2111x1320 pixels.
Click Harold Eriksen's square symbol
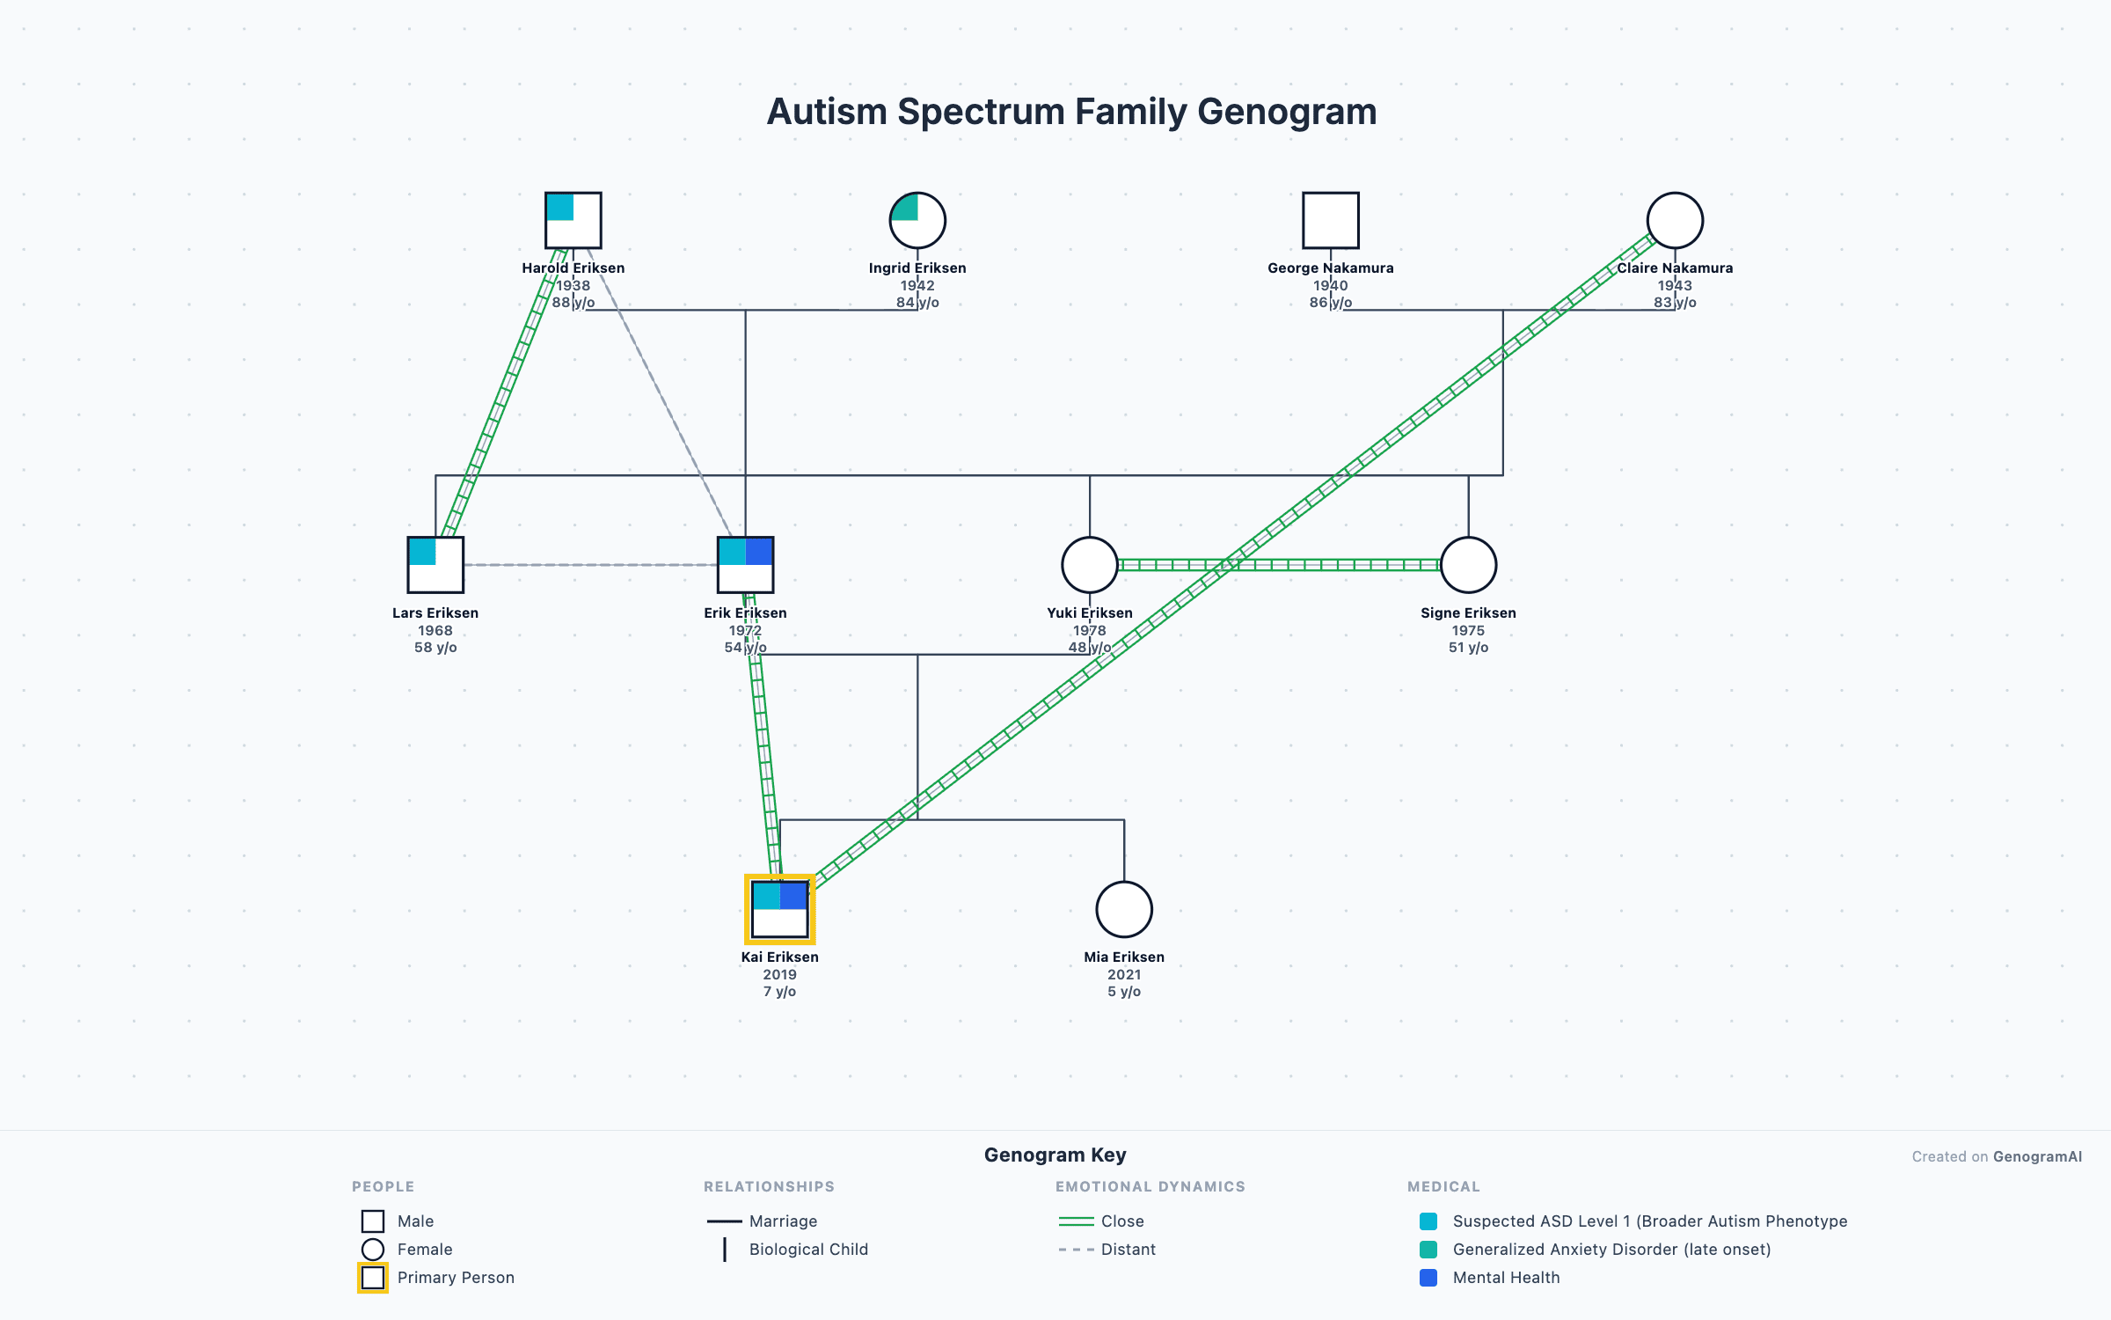pos(573,220)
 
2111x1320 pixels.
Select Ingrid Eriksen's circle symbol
pos(917,220)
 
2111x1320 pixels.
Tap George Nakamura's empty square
pos(1330,220)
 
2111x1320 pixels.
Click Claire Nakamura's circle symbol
pos(1675,220)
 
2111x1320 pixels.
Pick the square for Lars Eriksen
pos(435,565)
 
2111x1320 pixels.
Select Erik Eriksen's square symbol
pos(745,565)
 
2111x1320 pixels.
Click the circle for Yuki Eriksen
pos(1089,565)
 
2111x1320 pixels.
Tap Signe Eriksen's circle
pos(1468,565)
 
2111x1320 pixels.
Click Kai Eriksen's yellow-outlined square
pos(779,909)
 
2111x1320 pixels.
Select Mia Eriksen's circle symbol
pos(1124,909)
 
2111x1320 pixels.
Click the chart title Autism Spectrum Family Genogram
pos(1071,112)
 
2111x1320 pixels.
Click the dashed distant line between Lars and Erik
pos(589,565)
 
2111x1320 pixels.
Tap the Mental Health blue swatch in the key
pos(1428,1278)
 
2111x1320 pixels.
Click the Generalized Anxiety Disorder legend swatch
pos(1428,1250)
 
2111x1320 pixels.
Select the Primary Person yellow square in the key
pos(373,1278)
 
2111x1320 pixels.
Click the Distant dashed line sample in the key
pos(1076,1250)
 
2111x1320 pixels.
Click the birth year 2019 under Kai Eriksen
pos(779,974)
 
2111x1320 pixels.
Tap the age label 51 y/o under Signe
pos(1468,648)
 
